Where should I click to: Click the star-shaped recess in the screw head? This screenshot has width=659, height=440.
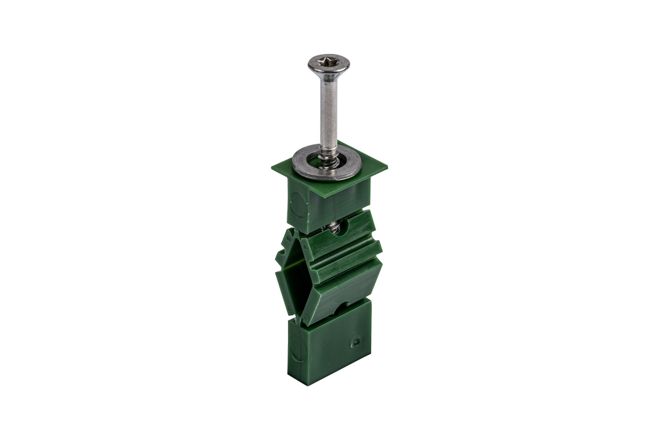click(328, 63)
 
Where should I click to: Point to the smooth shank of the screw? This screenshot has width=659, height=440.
click(329, 112)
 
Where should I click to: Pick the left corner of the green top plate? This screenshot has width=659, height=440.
click(272, 166)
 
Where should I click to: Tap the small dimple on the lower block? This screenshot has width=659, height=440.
click(355, 342)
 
